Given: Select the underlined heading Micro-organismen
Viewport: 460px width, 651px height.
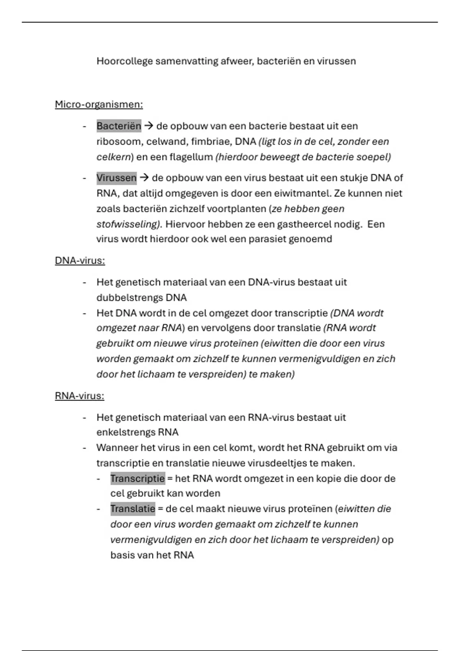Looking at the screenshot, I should pos(99,105).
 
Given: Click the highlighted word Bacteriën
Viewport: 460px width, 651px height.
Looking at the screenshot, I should pos(119,126).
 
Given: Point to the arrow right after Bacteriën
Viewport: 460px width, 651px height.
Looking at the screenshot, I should pos(149,126).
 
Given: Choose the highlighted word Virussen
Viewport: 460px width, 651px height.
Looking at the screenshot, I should pos(117,178).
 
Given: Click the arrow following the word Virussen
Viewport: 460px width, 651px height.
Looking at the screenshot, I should pos(144,178).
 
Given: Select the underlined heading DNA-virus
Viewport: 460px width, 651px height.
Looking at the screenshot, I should pos(80,261).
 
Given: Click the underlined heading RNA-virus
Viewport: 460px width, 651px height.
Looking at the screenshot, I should pos(79,396).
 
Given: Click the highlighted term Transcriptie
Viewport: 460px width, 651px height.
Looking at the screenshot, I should pos(138,479).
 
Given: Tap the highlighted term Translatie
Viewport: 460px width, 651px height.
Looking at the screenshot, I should pos(133,509).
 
